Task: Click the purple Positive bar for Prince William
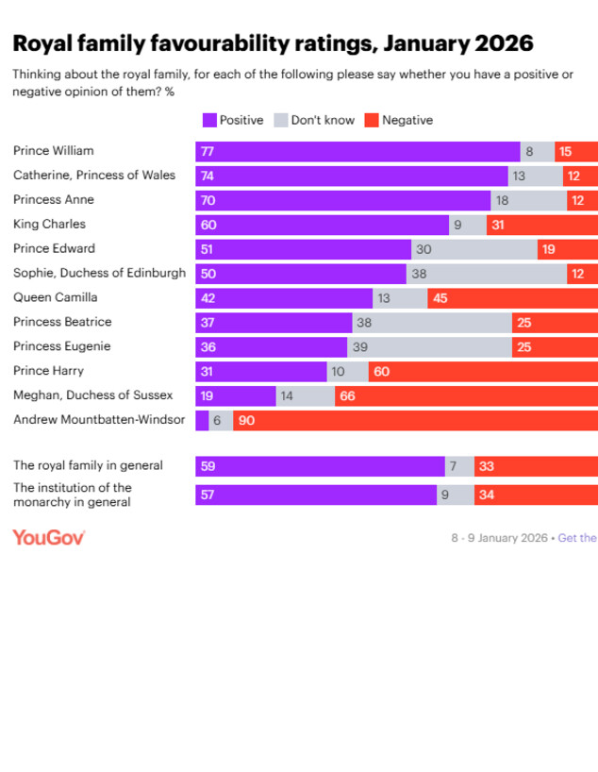(357, 151)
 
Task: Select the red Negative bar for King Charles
(542, 225)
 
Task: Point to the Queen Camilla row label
(55, 297)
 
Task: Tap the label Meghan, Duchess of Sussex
(92, 395)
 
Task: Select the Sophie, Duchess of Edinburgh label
(100, 273)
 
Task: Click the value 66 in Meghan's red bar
(347, 396)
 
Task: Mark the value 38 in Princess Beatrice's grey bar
(363, 323)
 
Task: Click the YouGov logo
(49, 537)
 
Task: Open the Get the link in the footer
(577, 538)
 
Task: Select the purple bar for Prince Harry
(261, 372)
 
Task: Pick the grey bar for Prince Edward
(474, 249)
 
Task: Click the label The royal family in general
(88, 465)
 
